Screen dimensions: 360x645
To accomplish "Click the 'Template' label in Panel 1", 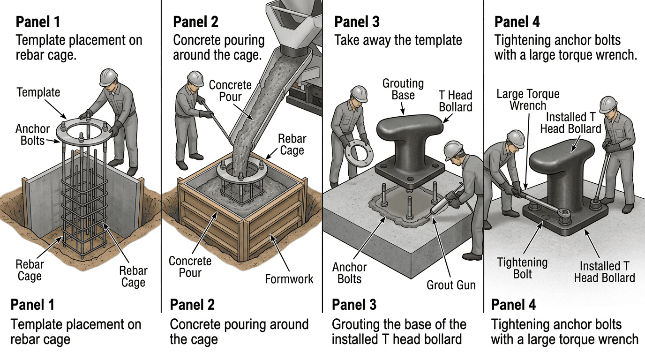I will (38, 92).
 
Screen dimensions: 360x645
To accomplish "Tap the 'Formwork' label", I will (289, 279).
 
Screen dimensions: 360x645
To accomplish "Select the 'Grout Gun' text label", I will (451, 285).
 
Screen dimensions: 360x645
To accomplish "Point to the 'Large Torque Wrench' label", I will (528, 100).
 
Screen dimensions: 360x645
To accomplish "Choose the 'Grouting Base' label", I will (403, 90).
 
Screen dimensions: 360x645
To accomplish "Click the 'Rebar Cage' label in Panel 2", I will (292, 144).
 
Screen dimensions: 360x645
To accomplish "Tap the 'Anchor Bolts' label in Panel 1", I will (32, 135).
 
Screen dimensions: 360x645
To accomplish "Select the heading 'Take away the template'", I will (398, 40).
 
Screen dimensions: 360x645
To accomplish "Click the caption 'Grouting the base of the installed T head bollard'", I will (399, 331).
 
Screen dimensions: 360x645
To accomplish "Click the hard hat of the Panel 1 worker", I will (108, 76).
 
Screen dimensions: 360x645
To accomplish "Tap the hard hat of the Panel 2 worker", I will (195, 78).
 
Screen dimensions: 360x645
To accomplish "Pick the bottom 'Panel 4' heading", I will (514, 305).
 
